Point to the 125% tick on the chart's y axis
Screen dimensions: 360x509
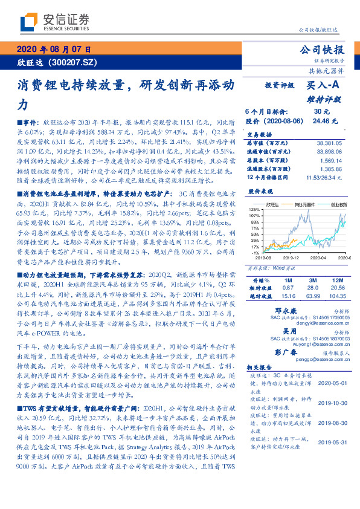[x=254, y=208]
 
